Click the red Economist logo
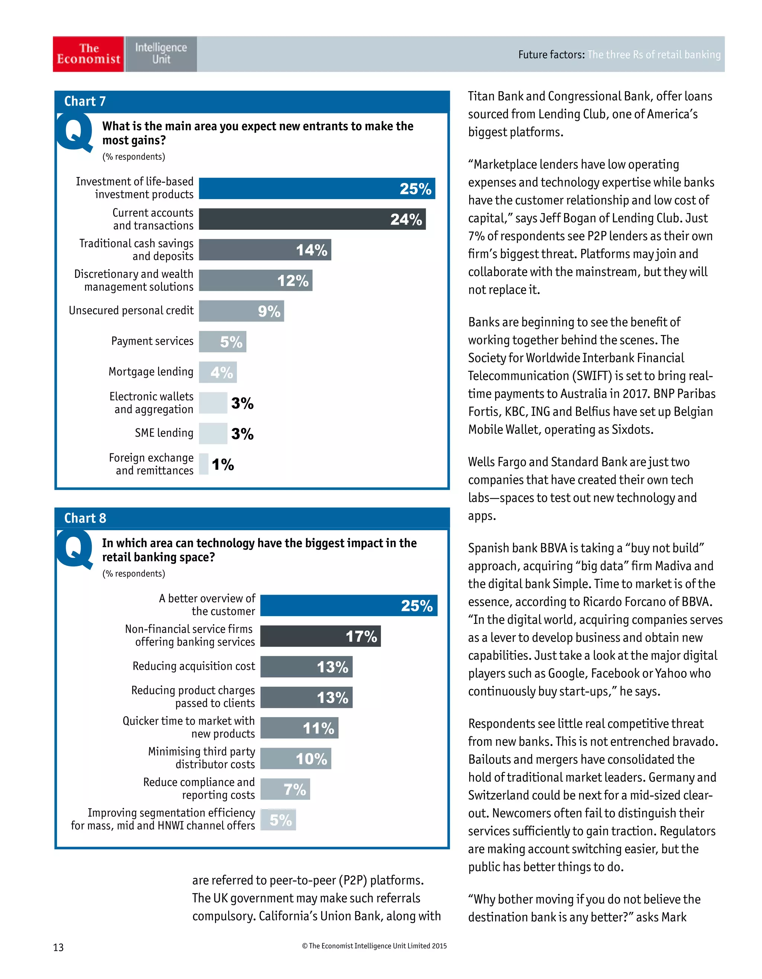88,54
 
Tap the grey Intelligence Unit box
161,54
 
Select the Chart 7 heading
85,101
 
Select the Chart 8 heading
85,518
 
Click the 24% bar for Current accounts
312,219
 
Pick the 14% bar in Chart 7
265,250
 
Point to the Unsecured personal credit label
131,310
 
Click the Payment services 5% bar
222,342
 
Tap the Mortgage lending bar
218,372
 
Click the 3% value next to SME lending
242,434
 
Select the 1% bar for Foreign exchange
204,464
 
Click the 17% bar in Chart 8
320,636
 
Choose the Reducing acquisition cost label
193,666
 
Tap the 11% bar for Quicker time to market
299,728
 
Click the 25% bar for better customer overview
349,606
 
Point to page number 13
58,947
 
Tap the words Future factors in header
551,55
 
